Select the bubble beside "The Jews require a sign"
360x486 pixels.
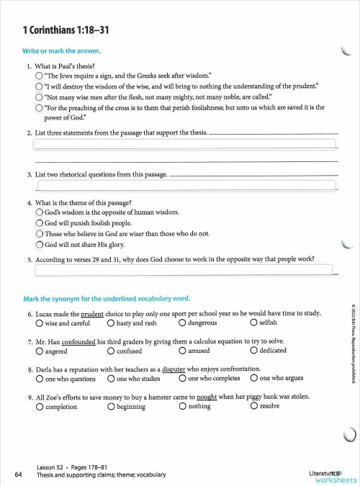click(39, 75)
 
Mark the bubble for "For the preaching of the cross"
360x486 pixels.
click(39, 107)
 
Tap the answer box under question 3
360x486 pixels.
click(186, 185)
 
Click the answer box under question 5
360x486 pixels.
click(184, 271)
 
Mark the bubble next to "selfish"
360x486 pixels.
click(254, 323)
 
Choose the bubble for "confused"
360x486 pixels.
click(111, 351)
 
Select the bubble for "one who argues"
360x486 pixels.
click(254, 378)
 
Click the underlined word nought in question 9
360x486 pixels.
click(206, 395)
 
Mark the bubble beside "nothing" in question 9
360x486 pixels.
click(183, 406)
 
